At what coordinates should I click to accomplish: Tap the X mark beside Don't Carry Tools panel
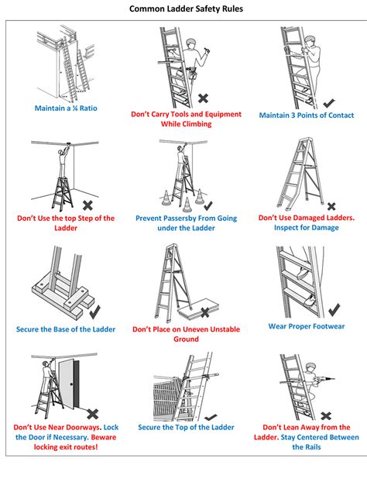(204, 98)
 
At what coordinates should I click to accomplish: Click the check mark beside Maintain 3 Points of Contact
(329, 103)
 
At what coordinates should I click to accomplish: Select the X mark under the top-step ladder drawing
(87, 205)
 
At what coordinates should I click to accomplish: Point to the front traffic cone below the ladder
(187, 205)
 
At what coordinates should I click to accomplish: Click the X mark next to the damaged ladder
(331, 206)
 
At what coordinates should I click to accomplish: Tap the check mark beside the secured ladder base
(95, 312)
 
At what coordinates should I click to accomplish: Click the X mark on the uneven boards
(205, 312)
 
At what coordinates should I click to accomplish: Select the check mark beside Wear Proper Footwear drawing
(334, 310)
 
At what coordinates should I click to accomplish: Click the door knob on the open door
(71, 384)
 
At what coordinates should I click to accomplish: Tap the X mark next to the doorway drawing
(92, 414)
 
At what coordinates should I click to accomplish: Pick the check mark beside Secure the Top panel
(211, 418)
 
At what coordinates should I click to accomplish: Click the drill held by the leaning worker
(324, 380)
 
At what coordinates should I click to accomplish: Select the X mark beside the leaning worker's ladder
(326, 416)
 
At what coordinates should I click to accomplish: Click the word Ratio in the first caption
(88, 108)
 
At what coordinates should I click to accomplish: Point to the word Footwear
(328, 326)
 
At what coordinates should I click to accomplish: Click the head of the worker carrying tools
(190, 43)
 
